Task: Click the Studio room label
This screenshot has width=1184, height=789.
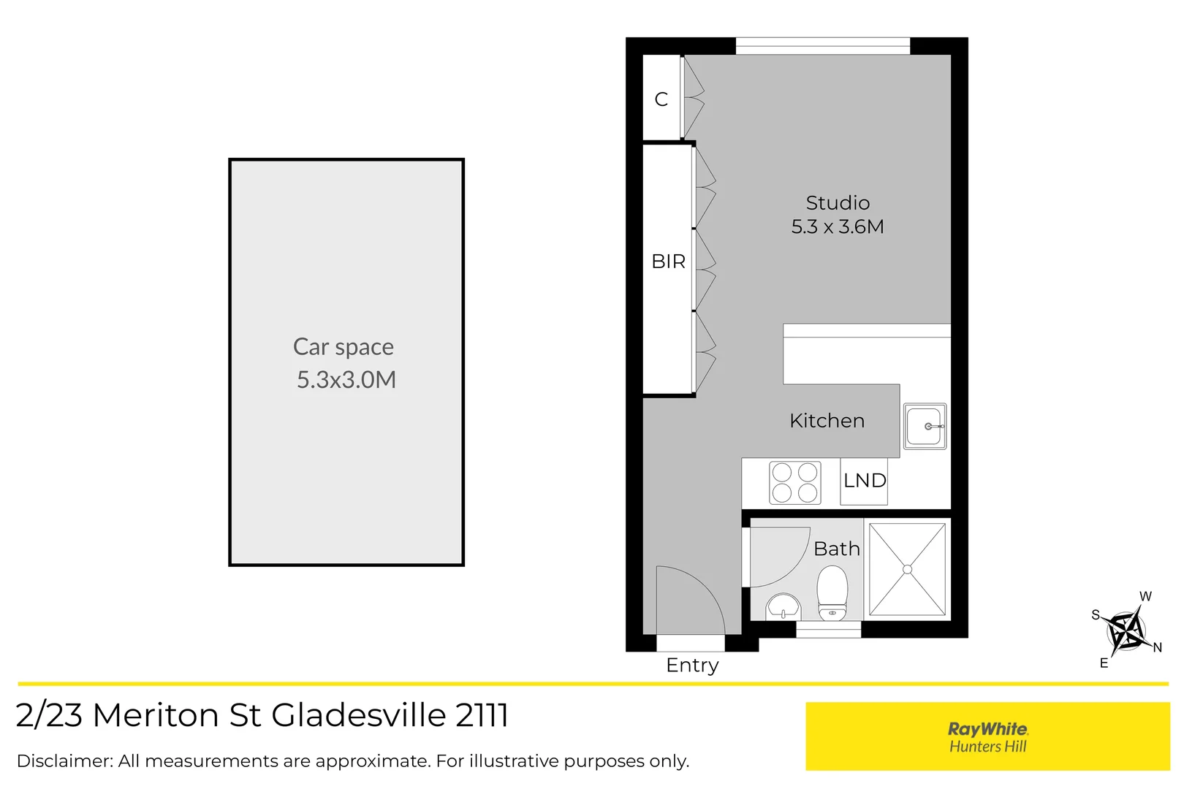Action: coord(838,203)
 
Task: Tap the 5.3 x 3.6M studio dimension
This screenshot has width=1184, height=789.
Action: coord(838,227)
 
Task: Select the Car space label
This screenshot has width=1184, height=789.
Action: coord(344,347)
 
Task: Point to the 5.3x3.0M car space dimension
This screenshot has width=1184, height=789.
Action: coord(346,380)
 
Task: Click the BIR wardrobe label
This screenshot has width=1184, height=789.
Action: coord(668,262)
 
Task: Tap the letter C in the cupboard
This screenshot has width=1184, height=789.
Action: coord(661,99)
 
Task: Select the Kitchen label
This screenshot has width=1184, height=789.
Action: coord(827,421)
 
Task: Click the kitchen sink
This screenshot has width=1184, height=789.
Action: coord(925,426)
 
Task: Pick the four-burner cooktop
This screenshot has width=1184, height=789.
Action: coord(794,483)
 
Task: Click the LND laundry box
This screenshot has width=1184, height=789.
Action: coord(864,481)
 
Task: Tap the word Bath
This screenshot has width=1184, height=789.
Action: coord(837,549)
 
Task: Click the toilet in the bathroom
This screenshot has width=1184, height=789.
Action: coord(832,593)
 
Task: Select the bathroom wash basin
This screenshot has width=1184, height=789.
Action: coord(783,607)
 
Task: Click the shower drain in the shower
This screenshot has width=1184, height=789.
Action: coord(907,569)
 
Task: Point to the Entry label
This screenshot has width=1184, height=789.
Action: coord(692,666)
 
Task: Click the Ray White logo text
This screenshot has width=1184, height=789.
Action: coord(987,729)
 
